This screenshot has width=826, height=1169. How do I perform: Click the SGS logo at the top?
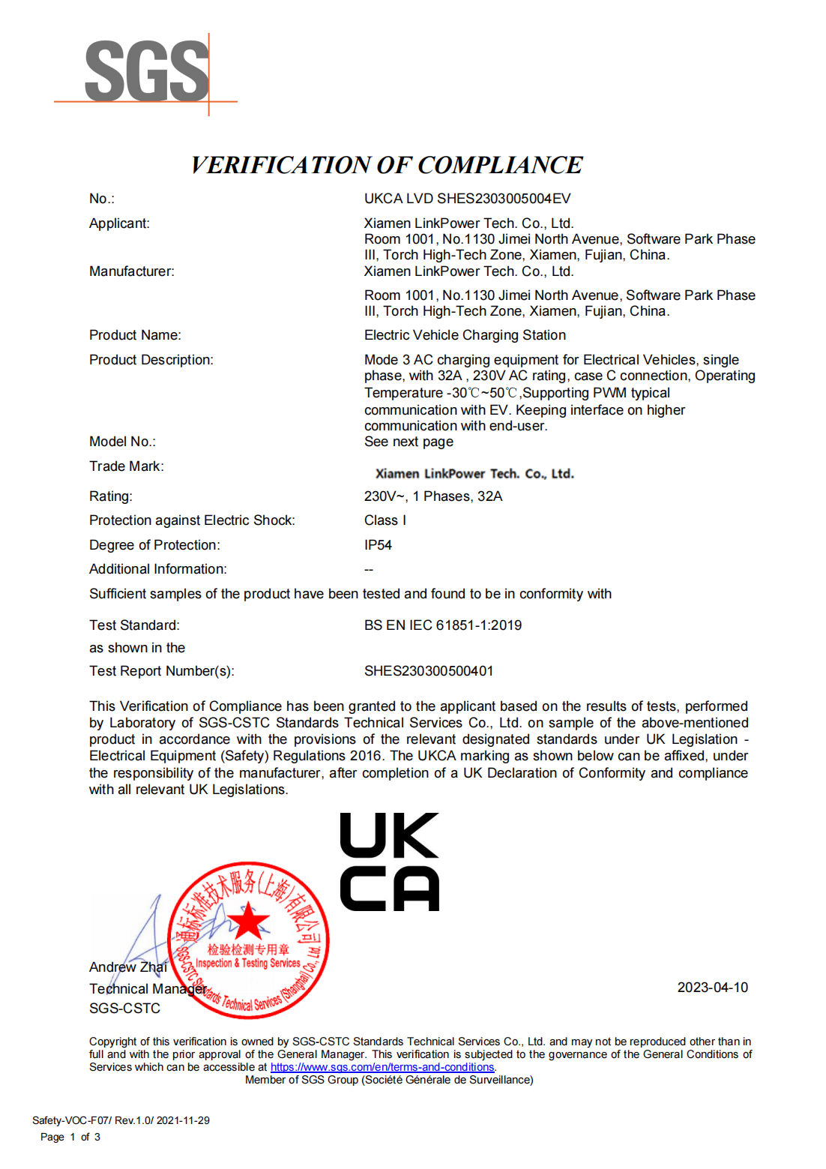point(147,72)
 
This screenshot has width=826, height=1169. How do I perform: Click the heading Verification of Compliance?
point(387,165)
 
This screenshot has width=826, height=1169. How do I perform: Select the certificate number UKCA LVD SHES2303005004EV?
point(467,199)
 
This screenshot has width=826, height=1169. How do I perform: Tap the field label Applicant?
point(119,223)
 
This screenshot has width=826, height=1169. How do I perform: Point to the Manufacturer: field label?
point(131,271)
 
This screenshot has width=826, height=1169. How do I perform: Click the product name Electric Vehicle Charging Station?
point(465,335)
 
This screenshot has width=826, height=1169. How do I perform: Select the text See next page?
point(409,442)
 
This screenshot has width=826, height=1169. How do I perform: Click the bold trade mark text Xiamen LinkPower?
point(474,474)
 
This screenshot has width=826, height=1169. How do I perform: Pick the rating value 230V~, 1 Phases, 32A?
point(433,496)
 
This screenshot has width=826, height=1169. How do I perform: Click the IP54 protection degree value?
point(378,545)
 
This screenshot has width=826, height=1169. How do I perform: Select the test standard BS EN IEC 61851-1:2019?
point(443,625)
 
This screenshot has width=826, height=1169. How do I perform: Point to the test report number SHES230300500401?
point(429,671)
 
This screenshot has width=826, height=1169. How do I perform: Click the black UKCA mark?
point(389,862)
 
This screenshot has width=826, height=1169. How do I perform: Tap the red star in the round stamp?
point(248,922)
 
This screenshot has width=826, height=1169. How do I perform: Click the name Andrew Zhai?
point(127,967)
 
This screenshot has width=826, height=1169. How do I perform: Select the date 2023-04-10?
point(712,988)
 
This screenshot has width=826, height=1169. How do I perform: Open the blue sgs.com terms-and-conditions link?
point(382,1067)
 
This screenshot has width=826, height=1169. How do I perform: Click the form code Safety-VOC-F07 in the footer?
point(72,1120)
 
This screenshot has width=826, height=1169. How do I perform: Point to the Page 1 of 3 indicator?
point(70,1137)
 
